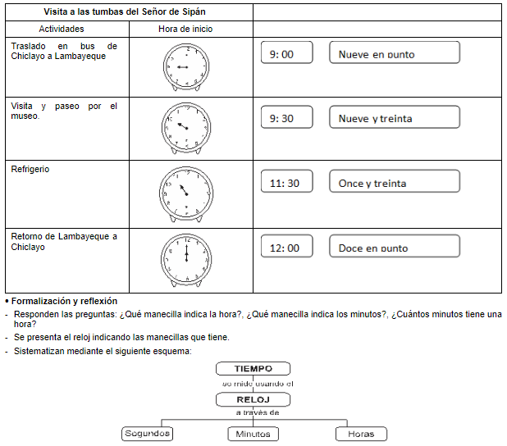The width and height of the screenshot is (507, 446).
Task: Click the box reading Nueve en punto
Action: coord(394,54)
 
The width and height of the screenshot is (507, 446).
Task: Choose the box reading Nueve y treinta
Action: coord(394,118)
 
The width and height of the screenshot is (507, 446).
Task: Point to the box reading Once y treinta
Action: coord(394,183)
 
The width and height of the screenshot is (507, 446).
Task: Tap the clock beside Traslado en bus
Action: coord(185,66)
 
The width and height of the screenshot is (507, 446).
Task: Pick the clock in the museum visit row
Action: coord(186,129)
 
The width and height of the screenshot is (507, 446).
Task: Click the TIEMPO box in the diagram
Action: coord(253,369)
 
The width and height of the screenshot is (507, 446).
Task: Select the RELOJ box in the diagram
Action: coord(253,399)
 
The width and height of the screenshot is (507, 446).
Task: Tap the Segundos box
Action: coord(148,434)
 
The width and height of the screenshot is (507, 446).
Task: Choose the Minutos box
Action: coord(253,434)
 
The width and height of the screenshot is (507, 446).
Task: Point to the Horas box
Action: coord(361,434)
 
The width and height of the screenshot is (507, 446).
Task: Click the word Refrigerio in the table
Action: coord(30,169)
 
